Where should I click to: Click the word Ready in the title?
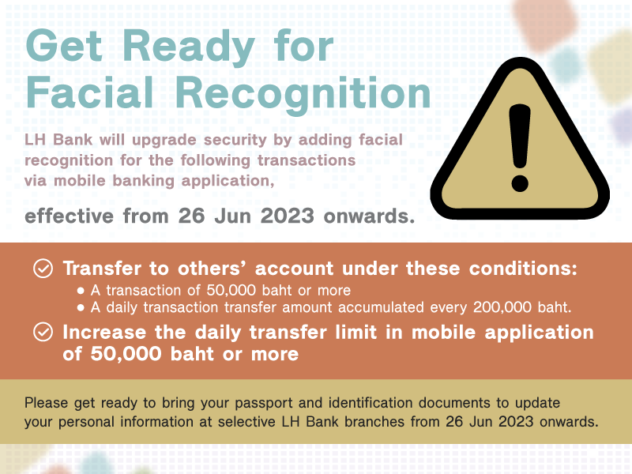tap(189, 48)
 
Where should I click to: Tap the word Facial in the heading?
tap(89, 92)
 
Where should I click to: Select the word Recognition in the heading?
tap(303, 96)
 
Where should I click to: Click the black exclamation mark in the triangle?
tap(520, 148)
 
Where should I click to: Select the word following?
tap(215, 161)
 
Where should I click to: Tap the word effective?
tap(69, 216)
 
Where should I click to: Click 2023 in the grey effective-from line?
tap(287, 216)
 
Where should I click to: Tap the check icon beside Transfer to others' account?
tap(43, 269)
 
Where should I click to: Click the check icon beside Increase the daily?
tap(43, 332)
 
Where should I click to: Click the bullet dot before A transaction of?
tap(81, 291)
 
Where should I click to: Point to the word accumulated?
tap(381, 307)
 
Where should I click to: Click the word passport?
tap(264, 404)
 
